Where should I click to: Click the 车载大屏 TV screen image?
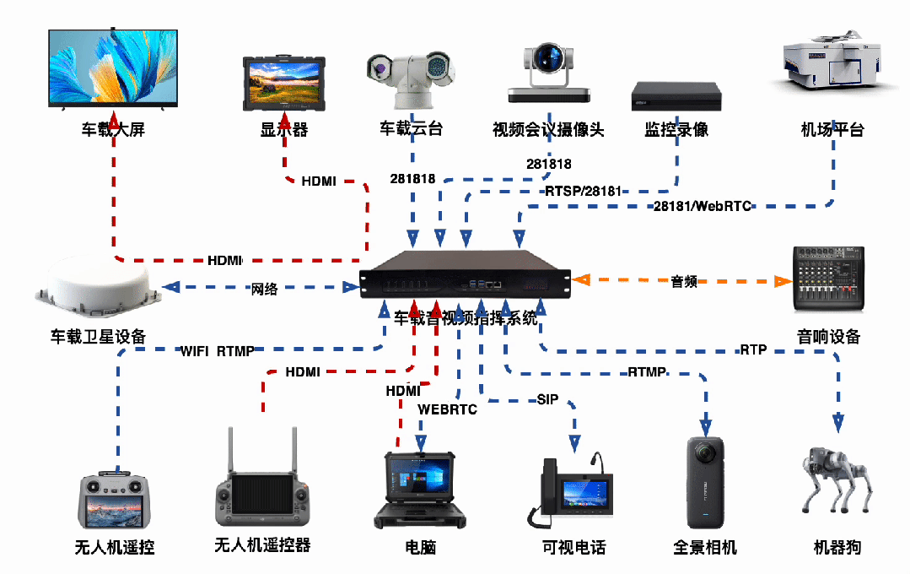(x=113, y=68)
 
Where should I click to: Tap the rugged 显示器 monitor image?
(x=284, y=83)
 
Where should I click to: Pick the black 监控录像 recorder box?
(x=677, y=96)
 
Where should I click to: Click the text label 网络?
(x=264, y=289)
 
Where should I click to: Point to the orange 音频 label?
(x=684, y=281)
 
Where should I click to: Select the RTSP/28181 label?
(x=583, y=192)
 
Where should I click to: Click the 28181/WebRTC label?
(x=702, y=206)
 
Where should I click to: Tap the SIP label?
(x=547, y=399)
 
